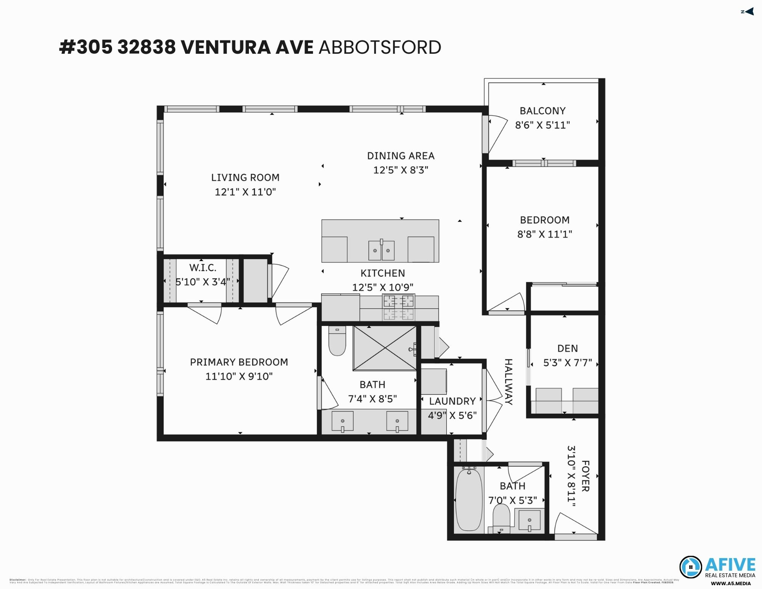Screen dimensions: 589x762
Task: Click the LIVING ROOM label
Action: (x=245, y=178)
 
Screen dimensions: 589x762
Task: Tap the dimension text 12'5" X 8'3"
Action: (x=400, y=170)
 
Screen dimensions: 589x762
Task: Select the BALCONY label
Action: (x=542, y=111)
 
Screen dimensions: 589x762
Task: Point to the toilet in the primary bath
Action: (x=337, y=341)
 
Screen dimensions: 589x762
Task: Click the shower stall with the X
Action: (x=384, y=348)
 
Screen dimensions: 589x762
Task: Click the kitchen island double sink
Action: (x=381, y=250)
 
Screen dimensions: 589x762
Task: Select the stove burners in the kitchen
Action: (x=398, y=307)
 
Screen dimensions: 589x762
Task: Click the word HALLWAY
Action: (x=508, y=382)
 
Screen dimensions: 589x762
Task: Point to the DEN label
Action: (x=567, y=348)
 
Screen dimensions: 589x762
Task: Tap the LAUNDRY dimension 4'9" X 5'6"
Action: (x=452, y=415)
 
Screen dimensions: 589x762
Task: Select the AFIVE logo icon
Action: (x=690, y=567)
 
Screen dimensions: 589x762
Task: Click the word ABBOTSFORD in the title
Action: (x=380, y=48)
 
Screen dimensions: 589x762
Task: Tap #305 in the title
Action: (x=86, y=48)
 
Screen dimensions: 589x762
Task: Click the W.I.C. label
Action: (x=202, y=267)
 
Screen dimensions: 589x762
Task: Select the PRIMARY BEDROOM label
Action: (x=239, y=362)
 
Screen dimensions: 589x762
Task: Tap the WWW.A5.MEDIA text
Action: (x=730, y=584)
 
